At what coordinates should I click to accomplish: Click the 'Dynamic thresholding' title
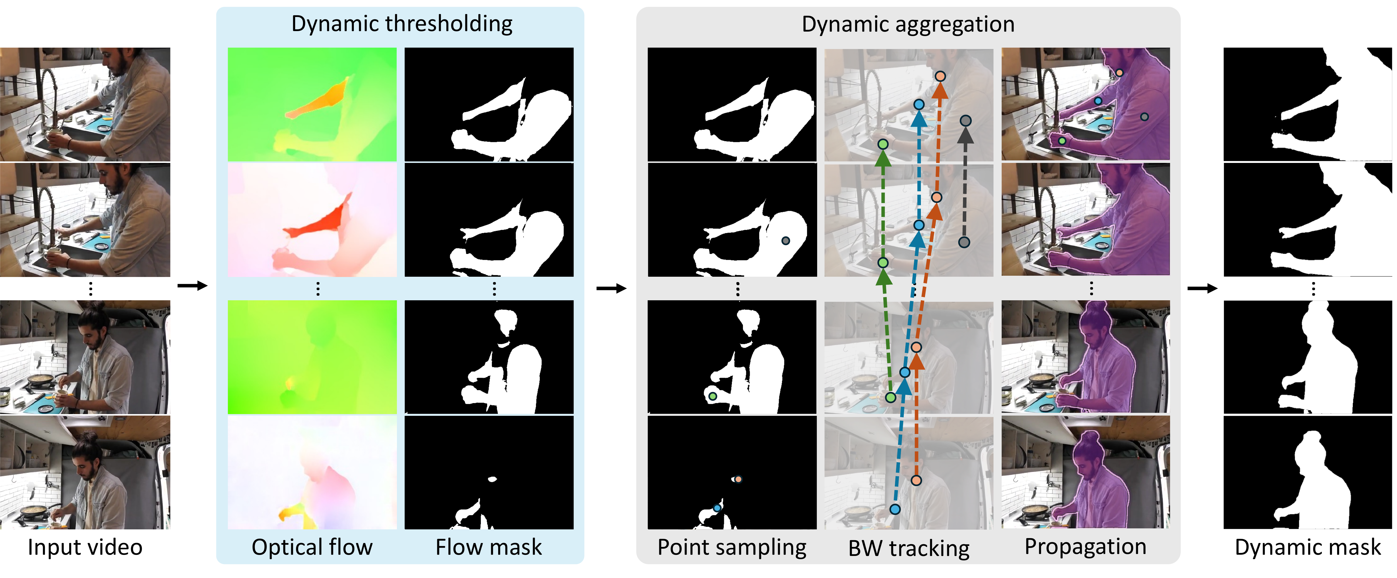pyautogui.click(x=401, y=24)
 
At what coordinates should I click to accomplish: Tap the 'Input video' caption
pyautogui.click(x=85, y=547)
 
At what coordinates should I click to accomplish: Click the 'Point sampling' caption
pyautogui.click(x=732, y=547)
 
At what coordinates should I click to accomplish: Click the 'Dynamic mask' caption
pyautogui.click(x=1308, y=547)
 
